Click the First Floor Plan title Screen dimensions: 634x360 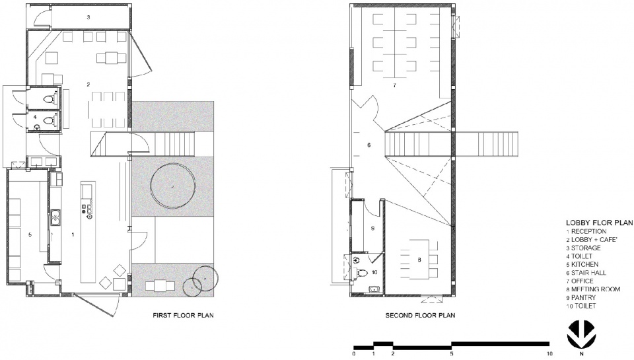point(183,315)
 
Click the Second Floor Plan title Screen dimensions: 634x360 point(420,315)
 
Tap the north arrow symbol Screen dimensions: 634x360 point(582,334)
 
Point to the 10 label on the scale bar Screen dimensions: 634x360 point(549,353)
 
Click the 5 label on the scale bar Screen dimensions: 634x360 point(451,353)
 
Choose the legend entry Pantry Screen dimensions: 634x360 point(581,297)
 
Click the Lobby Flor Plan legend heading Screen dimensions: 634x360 point(599,223)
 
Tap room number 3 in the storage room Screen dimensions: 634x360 point(88,17)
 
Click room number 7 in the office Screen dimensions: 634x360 point(394,85)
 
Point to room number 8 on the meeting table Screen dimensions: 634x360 point(419,260)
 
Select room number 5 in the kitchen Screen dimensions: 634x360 point(30,234)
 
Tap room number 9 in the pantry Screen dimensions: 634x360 point(372,228)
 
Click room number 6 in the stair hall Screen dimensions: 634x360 point(369,145)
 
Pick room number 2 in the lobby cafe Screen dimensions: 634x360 point(88,85)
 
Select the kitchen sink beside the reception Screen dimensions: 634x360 point(55,218)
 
